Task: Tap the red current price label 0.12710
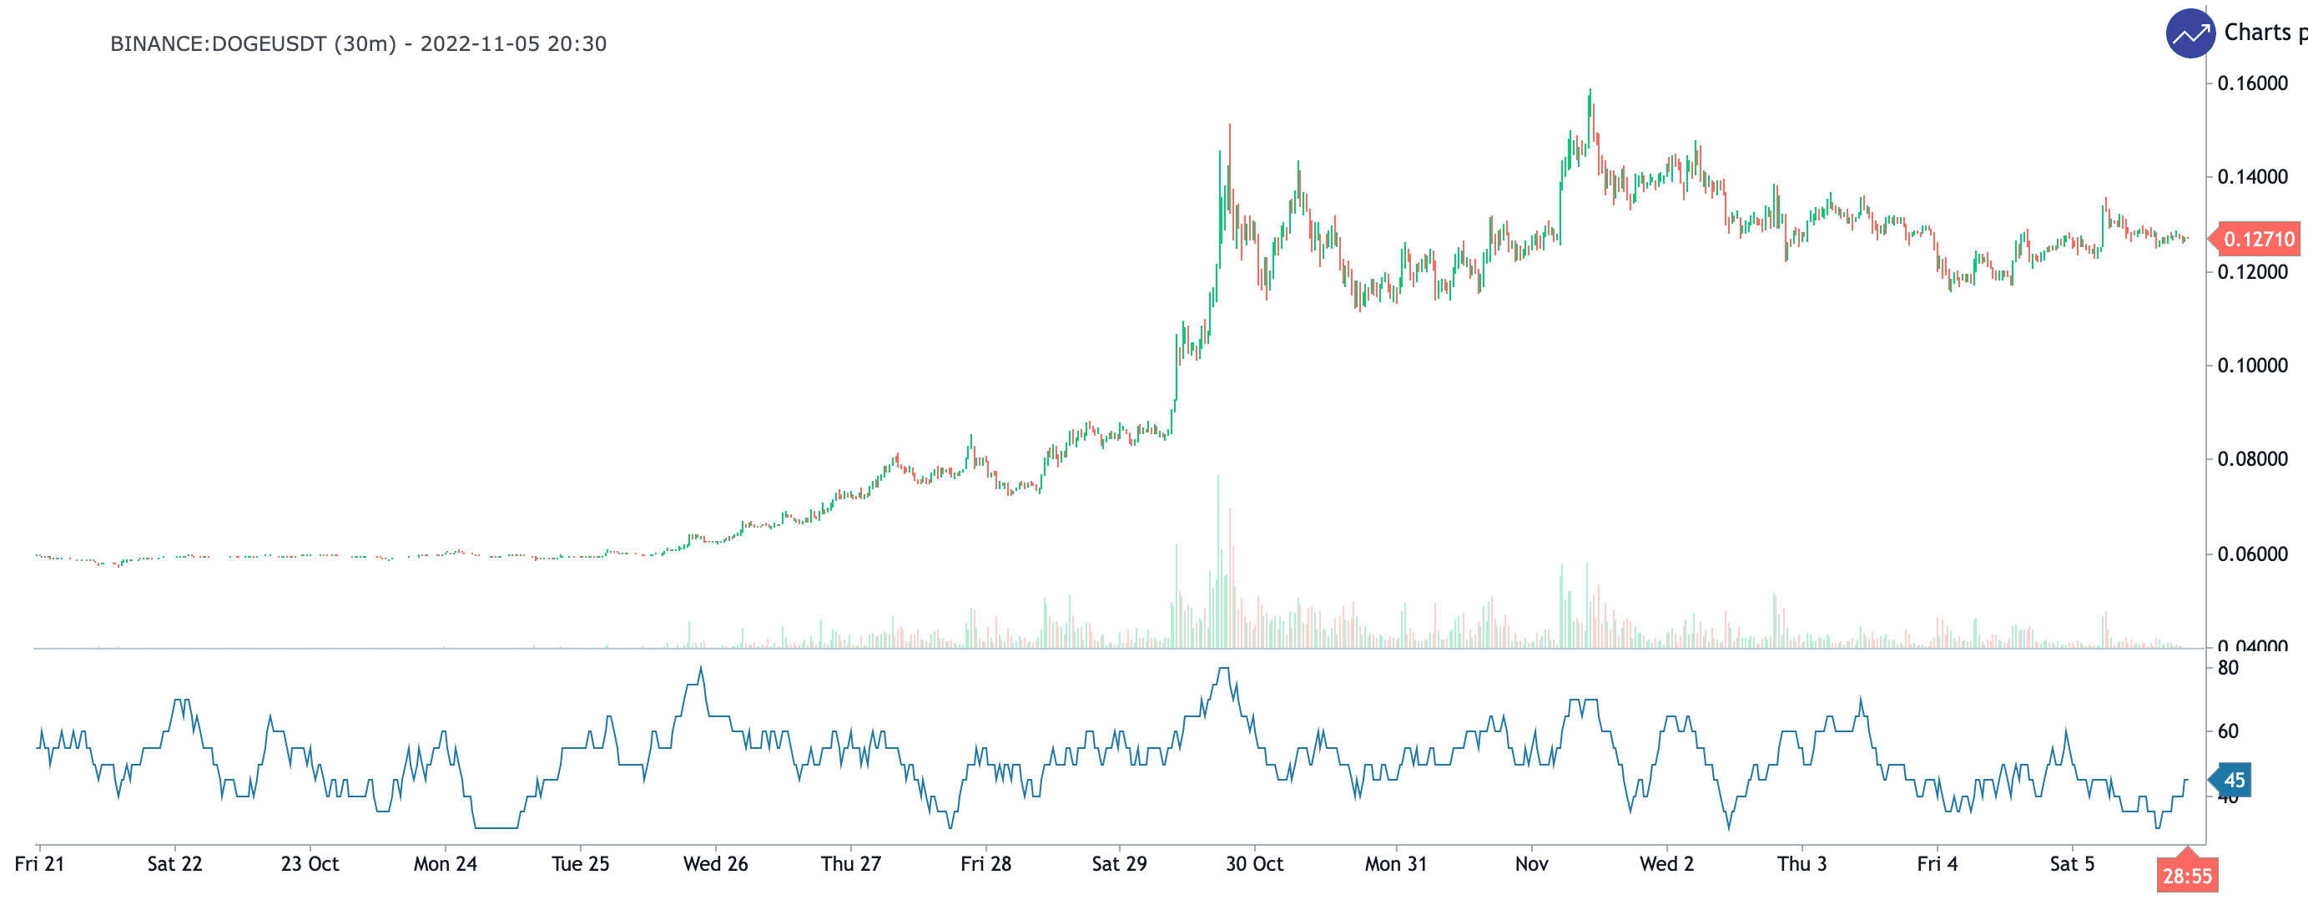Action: point(2258,240)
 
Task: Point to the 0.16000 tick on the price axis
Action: point(2251,83)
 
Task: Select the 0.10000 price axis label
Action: point(2251,366)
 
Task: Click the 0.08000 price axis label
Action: point(2251,459)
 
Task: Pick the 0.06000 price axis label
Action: point(2251,554)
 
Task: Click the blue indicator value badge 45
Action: point(2234,781)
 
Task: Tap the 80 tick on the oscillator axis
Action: point(2227,668)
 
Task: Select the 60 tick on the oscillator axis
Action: point(2227,731)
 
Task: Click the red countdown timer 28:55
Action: point(2187,876)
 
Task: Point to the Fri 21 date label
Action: point(39,864)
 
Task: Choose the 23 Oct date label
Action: point(310,864)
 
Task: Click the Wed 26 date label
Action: point(715,864)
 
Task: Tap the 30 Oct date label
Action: point(1254,864)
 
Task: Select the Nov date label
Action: point(1531,864)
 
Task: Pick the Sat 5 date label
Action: point(2072,864)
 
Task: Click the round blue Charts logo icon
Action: point(2190,34)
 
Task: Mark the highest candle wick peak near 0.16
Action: point(1590,89)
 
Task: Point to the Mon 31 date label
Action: point(1395,864)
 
